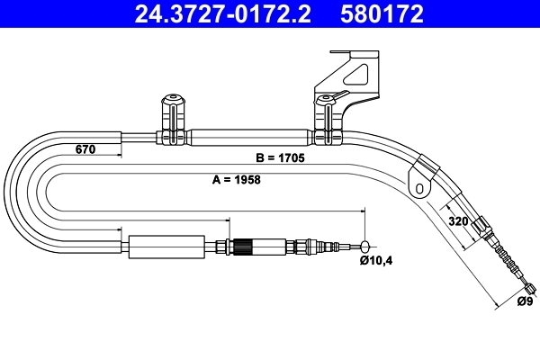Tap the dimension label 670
coord(85,150)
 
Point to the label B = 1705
coord(280,158)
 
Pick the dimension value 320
coord(456,220)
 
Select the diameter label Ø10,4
coord(375,261)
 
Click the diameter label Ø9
coord(524,301)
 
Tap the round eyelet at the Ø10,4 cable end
coord(365,246)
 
